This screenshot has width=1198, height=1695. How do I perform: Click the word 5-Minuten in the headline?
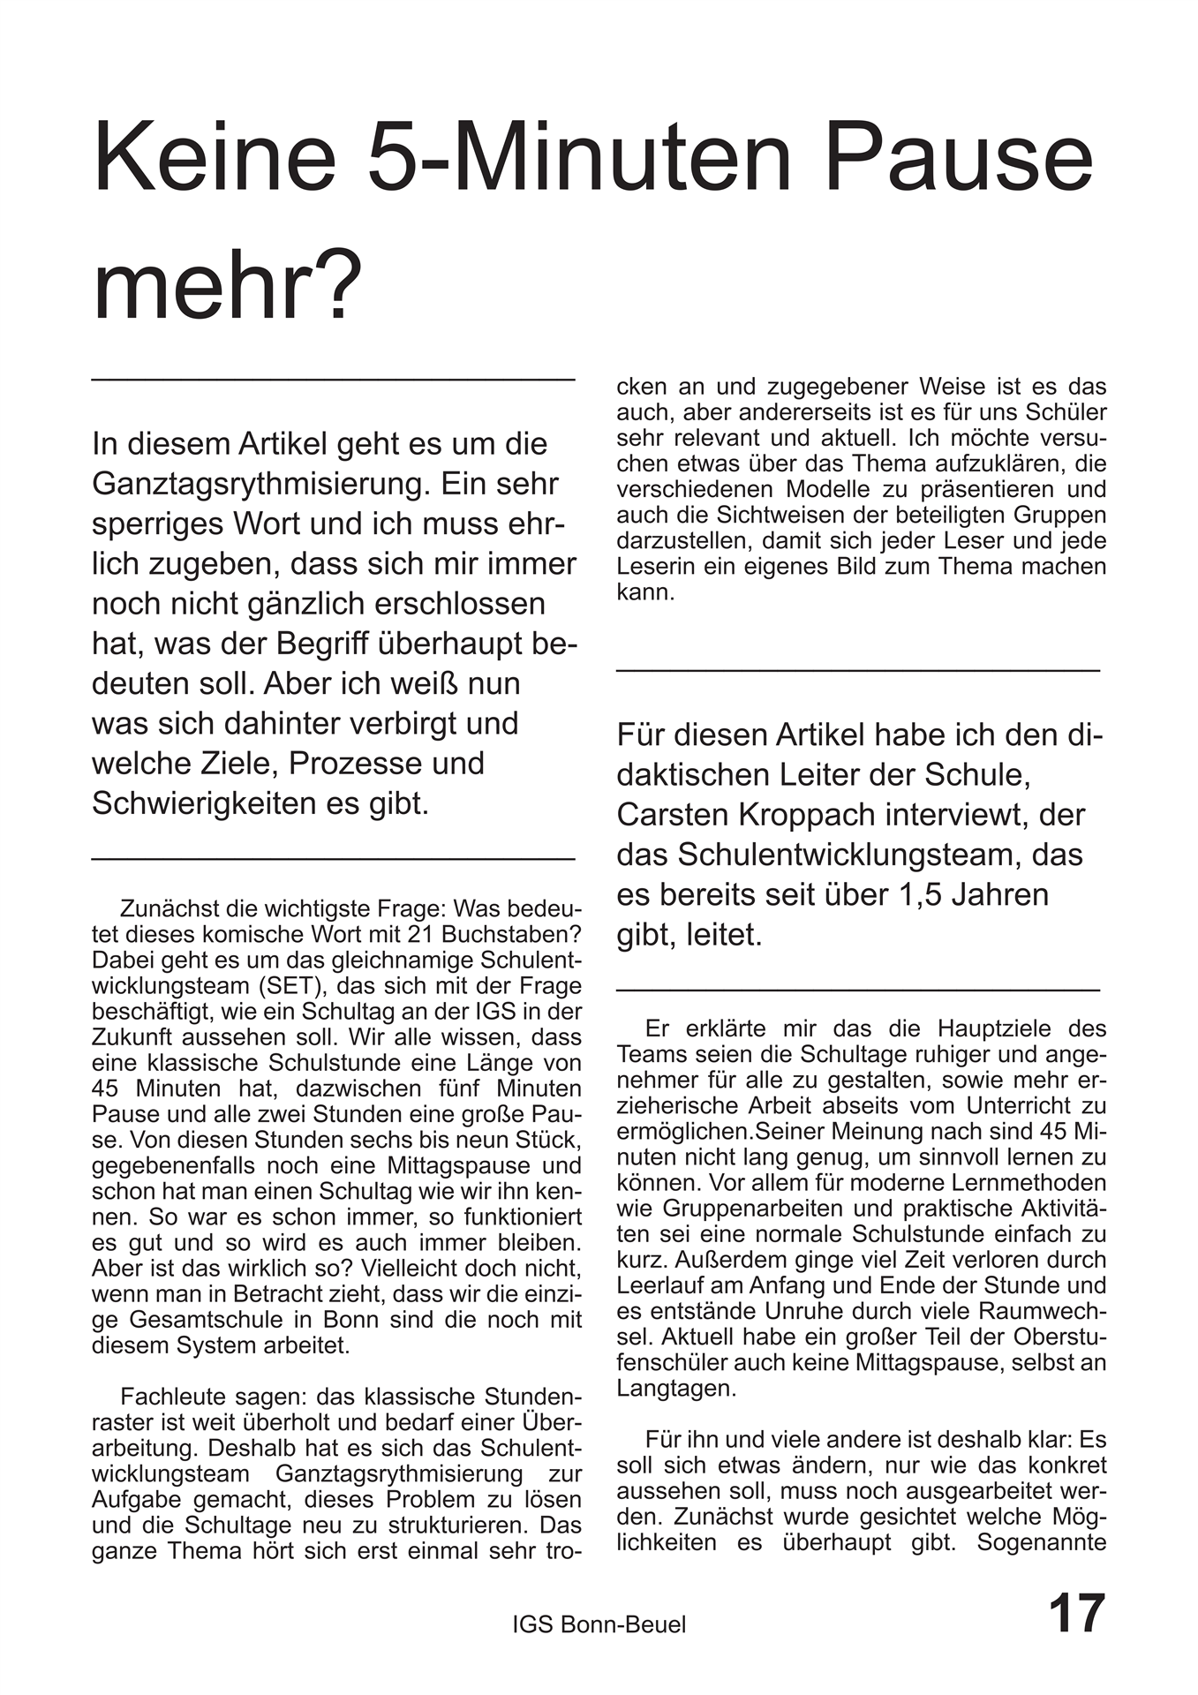[580, 159]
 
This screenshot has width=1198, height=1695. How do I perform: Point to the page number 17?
[1076, 1614]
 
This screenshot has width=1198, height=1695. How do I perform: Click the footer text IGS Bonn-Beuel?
[599, 1623]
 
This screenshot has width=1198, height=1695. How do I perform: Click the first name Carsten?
[670, 814]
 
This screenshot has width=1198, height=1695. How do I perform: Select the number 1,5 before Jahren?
[921, 893]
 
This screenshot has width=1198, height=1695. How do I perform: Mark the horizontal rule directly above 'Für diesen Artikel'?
[857, 672]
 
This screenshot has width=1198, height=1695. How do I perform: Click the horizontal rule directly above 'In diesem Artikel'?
[333, 380]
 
